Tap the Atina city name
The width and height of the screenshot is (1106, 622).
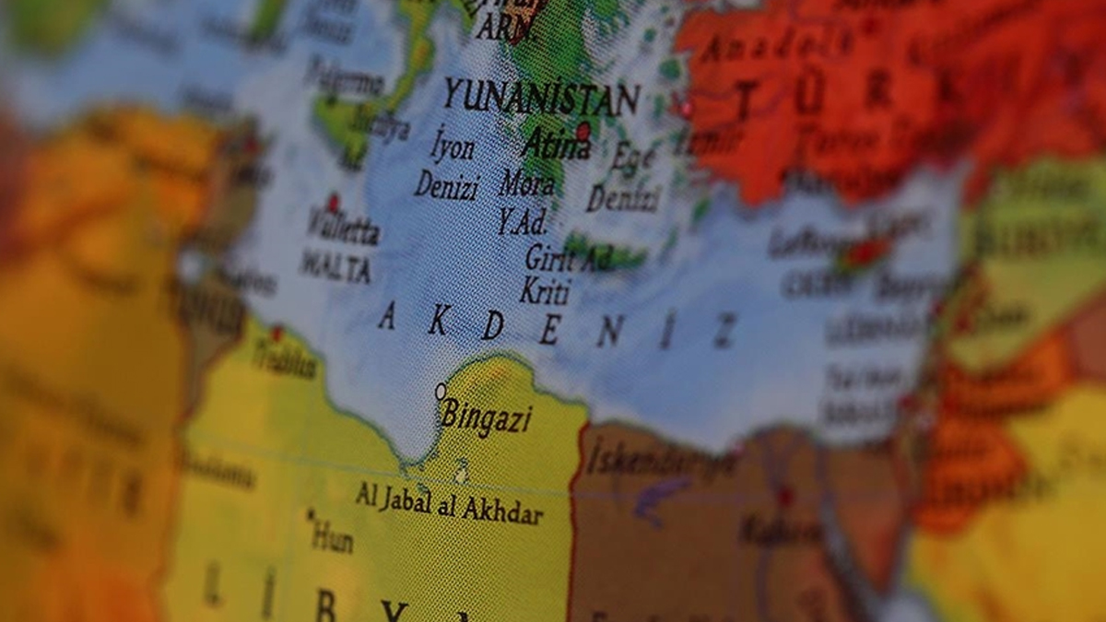point(556,146)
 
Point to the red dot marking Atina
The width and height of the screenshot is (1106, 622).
point(582,130)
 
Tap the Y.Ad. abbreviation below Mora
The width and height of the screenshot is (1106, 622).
point(523,221)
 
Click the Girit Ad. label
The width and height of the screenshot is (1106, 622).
point(568,258)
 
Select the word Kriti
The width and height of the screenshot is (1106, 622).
point(545,292)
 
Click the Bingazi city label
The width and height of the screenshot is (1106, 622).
point(487,417)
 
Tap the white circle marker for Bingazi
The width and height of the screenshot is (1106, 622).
point(441,392)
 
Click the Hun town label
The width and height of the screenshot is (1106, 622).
point(331,534)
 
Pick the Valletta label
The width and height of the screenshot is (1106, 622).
point(343,228)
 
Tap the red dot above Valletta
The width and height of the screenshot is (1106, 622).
point(333,201)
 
